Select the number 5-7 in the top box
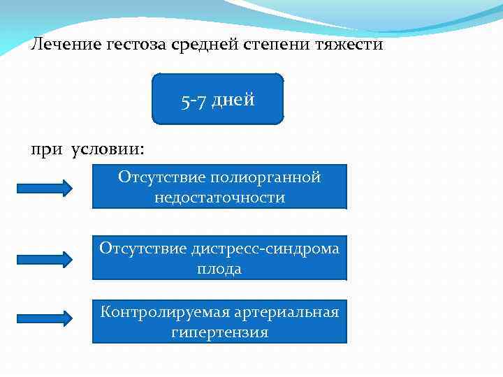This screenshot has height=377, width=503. pyautogui.click(x=192, y=101)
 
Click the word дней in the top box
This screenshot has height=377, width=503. pyautogui.click(x=233, y=100)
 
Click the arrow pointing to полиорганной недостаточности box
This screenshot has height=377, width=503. pyautogui.click(x=45, y=187)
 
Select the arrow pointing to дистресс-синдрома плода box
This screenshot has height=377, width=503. pyautogui.click(x=45, y=258)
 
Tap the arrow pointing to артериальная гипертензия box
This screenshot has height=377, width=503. pyautogui.click(x=45, y=318)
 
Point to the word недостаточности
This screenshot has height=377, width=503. pyautogui.click(x=219, y=198)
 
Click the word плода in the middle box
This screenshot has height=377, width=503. pyautogui.click(x=219, y=269)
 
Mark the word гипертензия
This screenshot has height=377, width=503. pyautogui.click(x=219, y=332)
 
